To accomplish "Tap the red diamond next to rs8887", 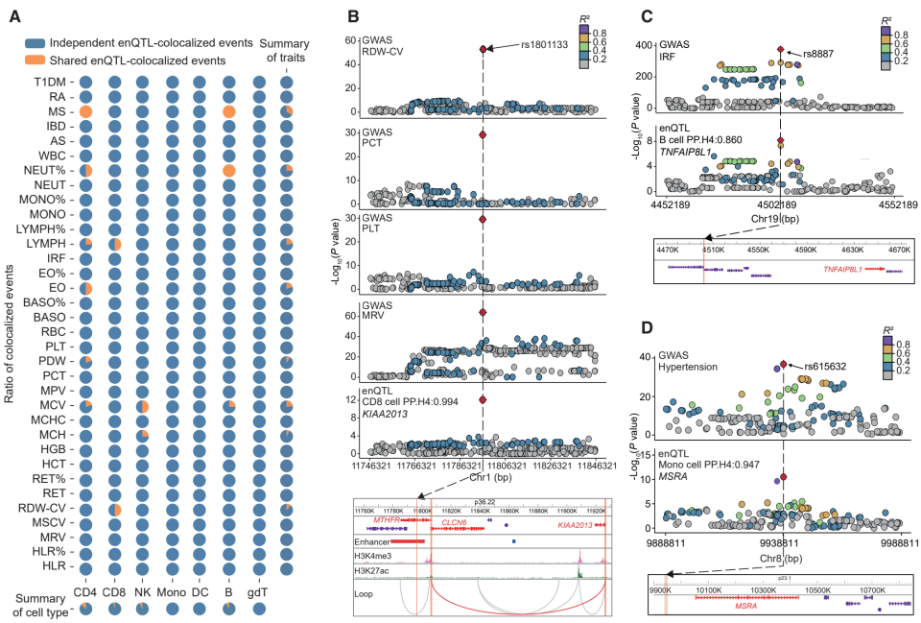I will point(781,50).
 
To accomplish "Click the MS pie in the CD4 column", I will point(84,112).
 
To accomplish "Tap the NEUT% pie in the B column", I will point(229,170).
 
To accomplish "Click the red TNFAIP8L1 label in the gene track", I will point(845,270).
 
